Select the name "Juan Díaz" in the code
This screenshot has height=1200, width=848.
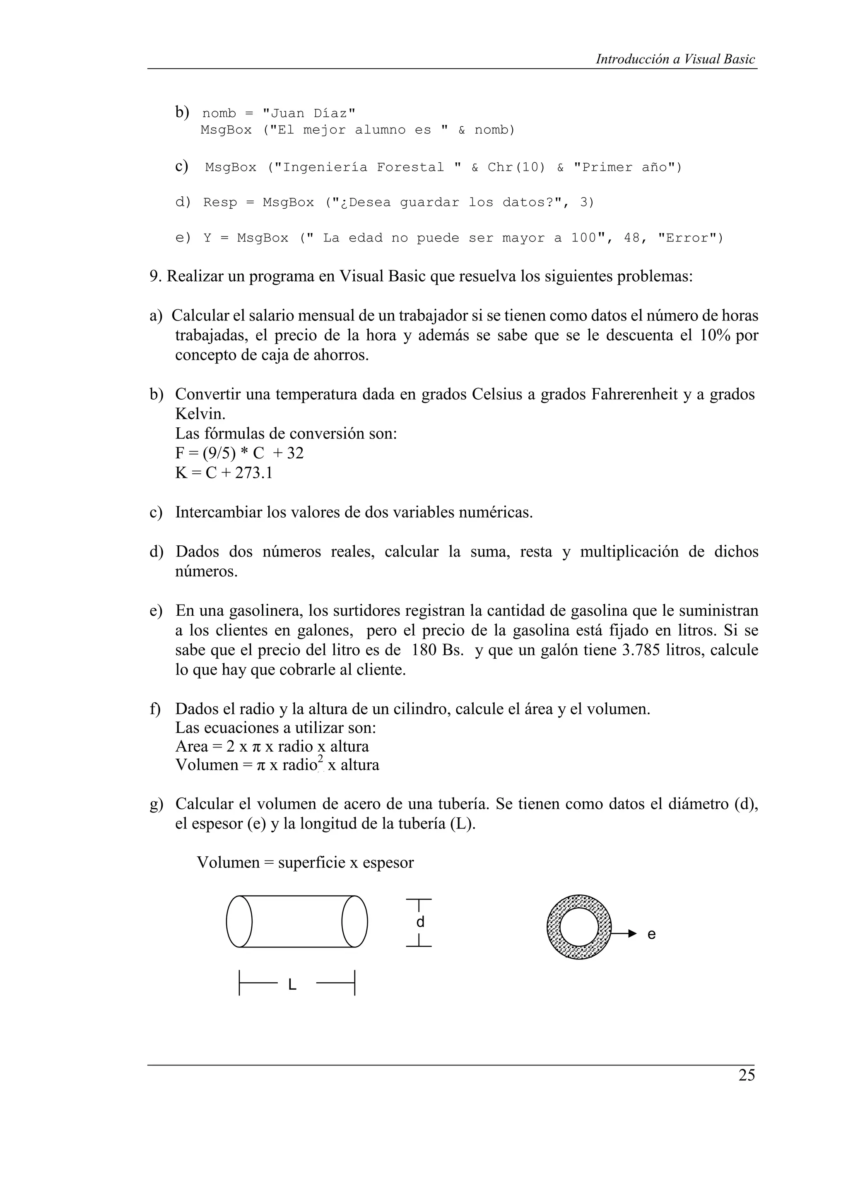[309, 113]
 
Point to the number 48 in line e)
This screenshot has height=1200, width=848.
[632, 239]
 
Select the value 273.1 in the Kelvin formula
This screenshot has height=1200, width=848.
[253, 473]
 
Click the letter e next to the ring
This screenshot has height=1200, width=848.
[651, 934]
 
